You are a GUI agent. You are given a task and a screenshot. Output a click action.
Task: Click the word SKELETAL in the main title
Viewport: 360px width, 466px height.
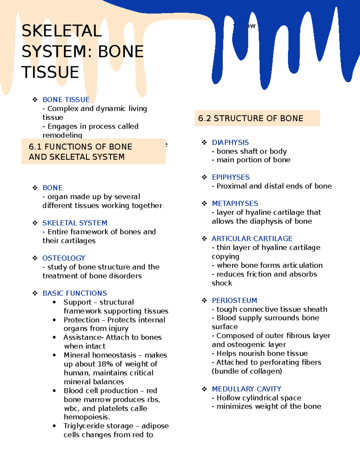coord(61,31)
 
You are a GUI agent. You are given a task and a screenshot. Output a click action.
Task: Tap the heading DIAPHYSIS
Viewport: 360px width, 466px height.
coord(230,143)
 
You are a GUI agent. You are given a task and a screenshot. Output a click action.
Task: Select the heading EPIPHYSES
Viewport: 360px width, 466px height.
coord(231,177)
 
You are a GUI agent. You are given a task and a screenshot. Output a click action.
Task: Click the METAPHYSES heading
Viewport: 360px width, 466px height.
coord(235,203)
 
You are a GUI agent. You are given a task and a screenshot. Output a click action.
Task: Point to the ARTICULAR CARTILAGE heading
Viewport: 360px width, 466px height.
coord(252,239)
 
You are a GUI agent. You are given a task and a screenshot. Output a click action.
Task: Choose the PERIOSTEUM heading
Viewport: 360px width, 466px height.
coord(234,300)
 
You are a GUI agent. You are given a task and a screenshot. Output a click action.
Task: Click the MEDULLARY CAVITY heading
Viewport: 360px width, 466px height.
coord(246,389)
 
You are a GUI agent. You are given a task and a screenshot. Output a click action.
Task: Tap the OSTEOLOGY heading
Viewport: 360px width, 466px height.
coord(64,258)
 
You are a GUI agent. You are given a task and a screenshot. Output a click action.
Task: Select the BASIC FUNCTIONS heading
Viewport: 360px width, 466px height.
coord(75,293)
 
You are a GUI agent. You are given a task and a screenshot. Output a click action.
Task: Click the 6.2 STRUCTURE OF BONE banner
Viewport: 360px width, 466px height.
coord(257,118)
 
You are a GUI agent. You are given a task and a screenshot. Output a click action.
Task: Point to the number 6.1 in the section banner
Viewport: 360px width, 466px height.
coord(35,147)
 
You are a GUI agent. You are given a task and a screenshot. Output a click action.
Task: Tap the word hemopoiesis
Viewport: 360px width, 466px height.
coord(87,417)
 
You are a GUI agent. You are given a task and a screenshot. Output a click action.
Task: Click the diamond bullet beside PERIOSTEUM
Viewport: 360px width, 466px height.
coord(205,300)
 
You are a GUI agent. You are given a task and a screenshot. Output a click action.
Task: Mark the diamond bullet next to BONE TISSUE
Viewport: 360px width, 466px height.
coord(35,100)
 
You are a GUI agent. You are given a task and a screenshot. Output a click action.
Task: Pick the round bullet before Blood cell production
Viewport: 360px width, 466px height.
coord(54,391)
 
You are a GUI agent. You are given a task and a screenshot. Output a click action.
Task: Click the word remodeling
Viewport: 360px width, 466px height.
coord(62,135)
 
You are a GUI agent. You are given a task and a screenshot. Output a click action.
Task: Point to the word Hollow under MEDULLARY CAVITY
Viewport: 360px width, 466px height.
coord(228,398)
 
